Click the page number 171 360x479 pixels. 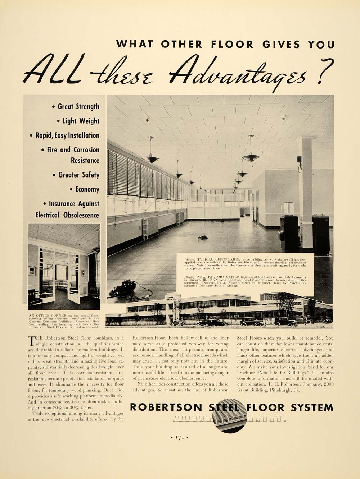(180, 437)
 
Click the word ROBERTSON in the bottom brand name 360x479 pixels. (166, 407)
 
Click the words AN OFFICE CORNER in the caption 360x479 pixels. (43, 316)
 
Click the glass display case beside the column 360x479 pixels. (288, 208)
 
